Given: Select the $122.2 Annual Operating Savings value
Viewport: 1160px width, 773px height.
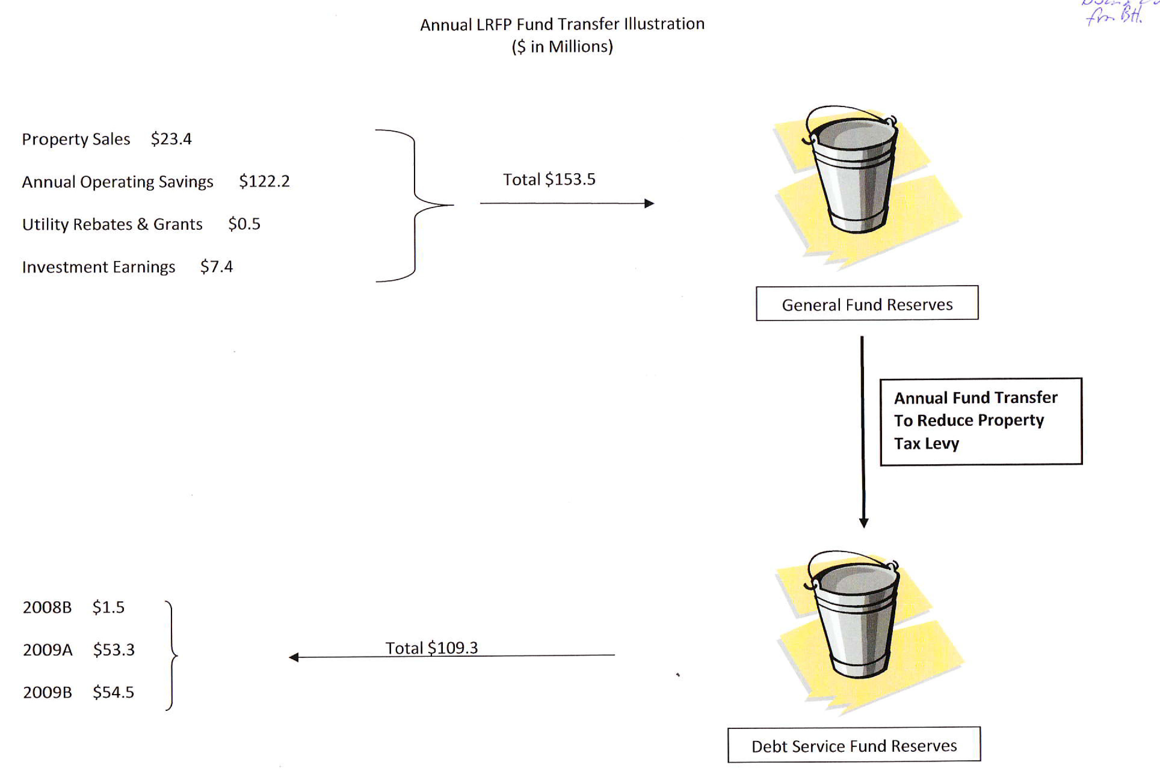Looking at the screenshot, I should [x=264, y=181].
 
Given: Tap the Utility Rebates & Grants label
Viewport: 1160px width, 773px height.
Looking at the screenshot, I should [x=112, y=224].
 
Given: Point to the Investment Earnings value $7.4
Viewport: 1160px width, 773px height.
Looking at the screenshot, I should [x=217, y=267].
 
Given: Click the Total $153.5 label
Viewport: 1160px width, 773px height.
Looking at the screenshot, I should [x=549, y=180].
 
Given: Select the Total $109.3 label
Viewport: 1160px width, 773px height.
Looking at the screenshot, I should [x=432, y=648].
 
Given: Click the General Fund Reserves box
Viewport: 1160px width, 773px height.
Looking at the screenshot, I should [x=867, y=304].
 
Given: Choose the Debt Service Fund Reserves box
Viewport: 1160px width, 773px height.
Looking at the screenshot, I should [x=854, y=745].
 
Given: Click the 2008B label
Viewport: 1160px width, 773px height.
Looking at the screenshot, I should [x=47, y=607].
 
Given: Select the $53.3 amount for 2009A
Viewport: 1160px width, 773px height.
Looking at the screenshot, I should [x=114, y=650].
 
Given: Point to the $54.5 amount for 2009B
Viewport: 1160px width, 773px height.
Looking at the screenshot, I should [x=114, y=692].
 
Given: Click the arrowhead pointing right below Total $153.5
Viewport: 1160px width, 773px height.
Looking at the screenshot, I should [x=649, y=203].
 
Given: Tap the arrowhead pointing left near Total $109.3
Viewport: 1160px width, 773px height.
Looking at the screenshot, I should [x=294, y=657].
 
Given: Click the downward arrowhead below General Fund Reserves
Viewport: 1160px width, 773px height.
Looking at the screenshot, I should [x=864, y=522].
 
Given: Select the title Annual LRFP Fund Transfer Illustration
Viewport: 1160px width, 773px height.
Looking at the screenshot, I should [x=562, y=24].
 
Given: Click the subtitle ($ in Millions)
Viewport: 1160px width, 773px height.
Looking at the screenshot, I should [x=562, y=47].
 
